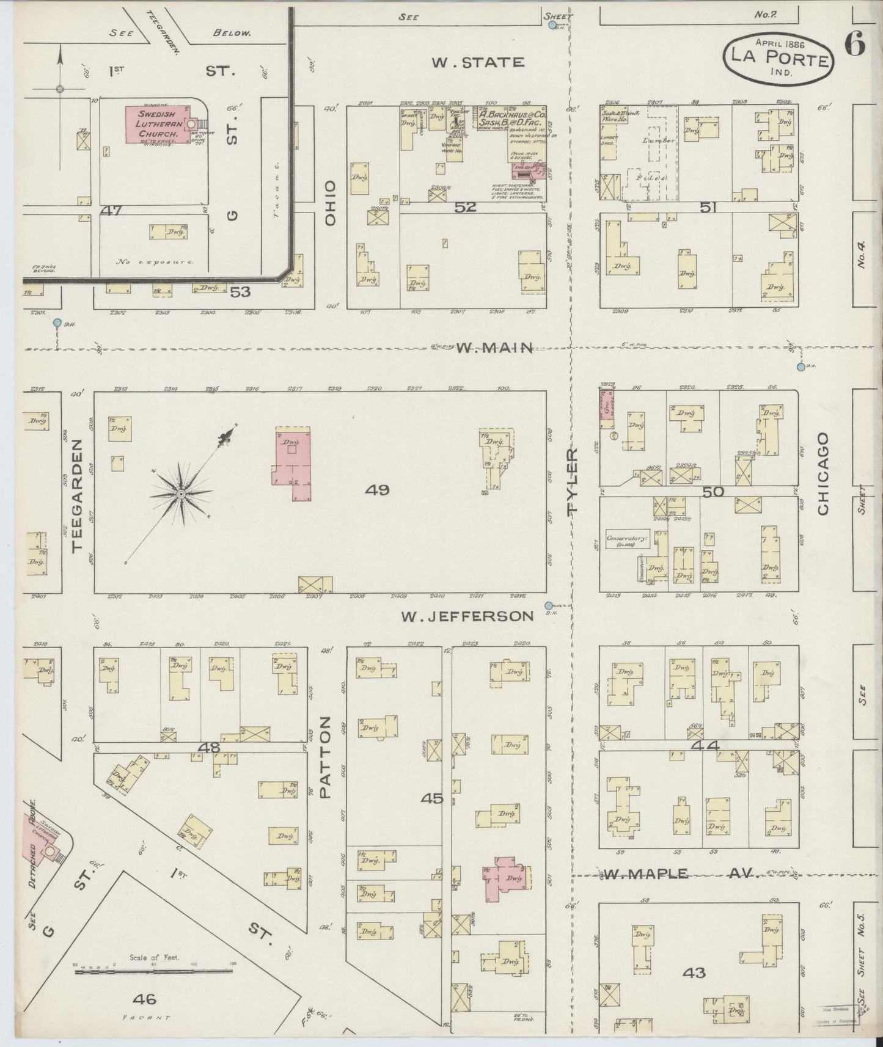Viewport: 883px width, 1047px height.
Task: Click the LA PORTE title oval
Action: tap(778, 58)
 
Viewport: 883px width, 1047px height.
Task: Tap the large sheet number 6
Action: tap(856, 44)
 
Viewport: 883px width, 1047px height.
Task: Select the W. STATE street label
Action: tap(478, 62)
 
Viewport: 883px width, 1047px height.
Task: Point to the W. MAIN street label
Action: tap(495, 348)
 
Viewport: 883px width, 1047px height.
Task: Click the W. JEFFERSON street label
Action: tap(467, 616)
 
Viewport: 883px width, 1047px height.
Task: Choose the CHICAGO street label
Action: tap(823, 473)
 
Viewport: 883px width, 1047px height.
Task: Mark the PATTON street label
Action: tap(324, 757)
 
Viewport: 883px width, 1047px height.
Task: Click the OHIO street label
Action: tap(331, 203)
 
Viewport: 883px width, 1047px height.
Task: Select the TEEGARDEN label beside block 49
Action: tap(78, 495)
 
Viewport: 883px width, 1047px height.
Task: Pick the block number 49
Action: tap(376, 489)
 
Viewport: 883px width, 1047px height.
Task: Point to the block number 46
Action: tap(144, 999)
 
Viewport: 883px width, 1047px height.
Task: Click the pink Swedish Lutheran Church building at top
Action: tap(157, 125)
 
